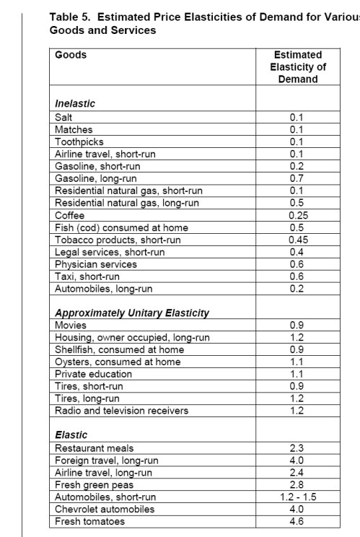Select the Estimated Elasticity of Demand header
[x=298, y=66]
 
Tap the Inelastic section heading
[x=75, y=103]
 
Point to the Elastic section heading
[x=71, y=435]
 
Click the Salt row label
[x=64, y=117]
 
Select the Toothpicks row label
[x=79, y=142]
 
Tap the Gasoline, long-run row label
[x=96, y=178]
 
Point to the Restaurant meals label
[x=95, y=448]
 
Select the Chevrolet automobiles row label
[x=105, y=509]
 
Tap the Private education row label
[x=94, y=374]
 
